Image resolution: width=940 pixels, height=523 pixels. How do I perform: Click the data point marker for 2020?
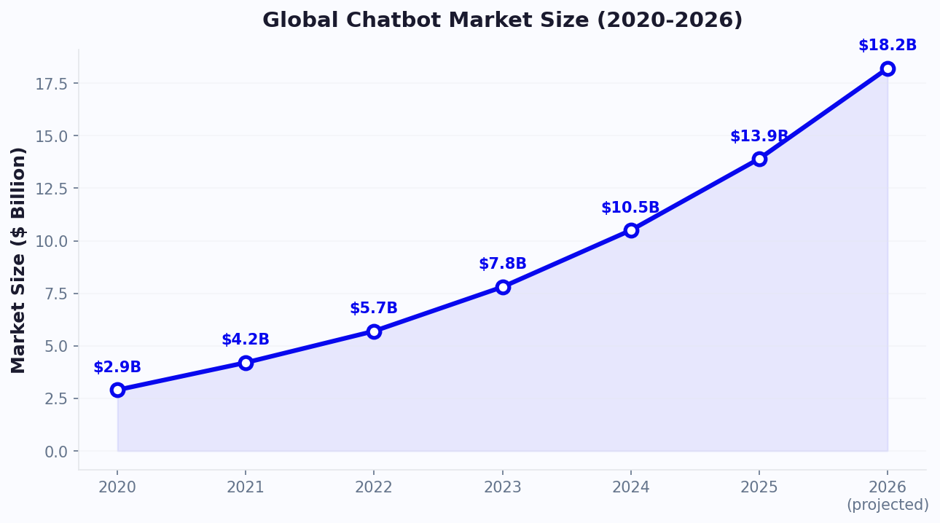coord(117,390)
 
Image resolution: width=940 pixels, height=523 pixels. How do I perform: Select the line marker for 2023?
coord(503,287)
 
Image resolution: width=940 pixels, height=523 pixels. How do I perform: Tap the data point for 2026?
coord(888,68)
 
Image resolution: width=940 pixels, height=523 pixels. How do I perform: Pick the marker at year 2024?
coord(631,230)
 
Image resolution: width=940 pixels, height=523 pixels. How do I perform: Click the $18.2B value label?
coord(888,46)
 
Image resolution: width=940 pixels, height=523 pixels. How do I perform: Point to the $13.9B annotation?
coord(759,137)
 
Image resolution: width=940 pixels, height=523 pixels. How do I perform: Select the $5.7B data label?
coord(374,309)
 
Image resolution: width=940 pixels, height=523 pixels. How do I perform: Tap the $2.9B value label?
coord(117,368)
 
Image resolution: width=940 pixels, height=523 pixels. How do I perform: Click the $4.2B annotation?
coord(246,340)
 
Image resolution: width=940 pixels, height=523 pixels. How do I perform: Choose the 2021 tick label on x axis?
coord(246,487)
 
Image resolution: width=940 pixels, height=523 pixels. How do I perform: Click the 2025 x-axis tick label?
coord(759,487)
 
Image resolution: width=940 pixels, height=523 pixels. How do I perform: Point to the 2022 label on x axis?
coord(374,487)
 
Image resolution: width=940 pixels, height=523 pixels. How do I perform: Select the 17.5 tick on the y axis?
coord(52,84)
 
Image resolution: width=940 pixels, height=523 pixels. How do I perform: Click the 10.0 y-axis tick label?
coord(52,242)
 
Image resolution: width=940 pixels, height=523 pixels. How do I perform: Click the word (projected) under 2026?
coord(888,505)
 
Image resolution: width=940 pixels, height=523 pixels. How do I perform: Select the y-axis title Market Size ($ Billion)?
coord(19,260)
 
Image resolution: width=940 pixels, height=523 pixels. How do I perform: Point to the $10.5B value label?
coord(630,208)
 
